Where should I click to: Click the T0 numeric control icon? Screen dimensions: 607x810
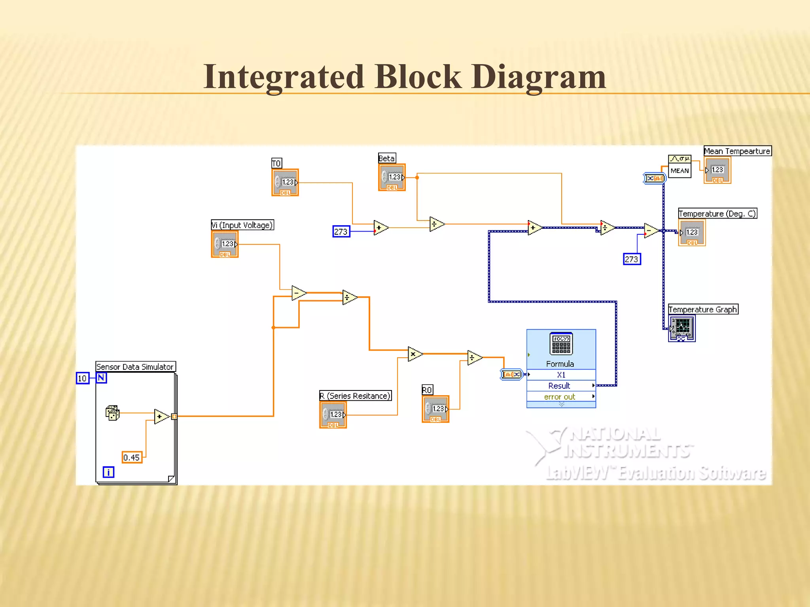click(x=285, y=183)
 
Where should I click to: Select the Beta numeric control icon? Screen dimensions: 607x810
click(x=392, y=177)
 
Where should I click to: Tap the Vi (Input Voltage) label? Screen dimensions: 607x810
click(x=242, y=225)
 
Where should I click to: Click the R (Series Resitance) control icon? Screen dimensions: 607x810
click(x=333, y=415)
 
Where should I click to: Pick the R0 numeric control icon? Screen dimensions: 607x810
click(x=435, y=409)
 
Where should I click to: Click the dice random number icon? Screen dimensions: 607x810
click(x=113, y=413)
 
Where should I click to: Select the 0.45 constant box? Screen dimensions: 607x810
click(x=132, y=457)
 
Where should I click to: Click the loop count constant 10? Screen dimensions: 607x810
click(x=82, y=378)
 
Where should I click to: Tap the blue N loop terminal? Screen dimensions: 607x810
click(x=101, y=378)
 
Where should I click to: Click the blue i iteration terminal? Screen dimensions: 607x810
click(x=108, y=472)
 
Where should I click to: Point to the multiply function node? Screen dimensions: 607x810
click(x=414, y=354)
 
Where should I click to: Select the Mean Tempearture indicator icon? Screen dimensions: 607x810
click(x=717, y=170)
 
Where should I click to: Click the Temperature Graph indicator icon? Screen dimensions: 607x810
click(x=682, y=328)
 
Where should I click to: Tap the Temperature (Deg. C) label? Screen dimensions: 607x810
click(x=717, y=214)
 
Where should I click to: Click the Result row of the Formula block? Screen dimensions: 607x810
click(x=560, y=386)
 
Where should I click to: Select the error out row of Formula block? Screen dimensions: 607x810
click(x=560, y=396)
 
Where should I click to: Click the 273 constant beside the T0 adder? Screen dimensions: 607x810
click(x=341, y=232)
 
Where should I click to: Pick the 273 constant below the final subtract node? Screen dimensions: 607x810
click(x=632, y=259)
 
